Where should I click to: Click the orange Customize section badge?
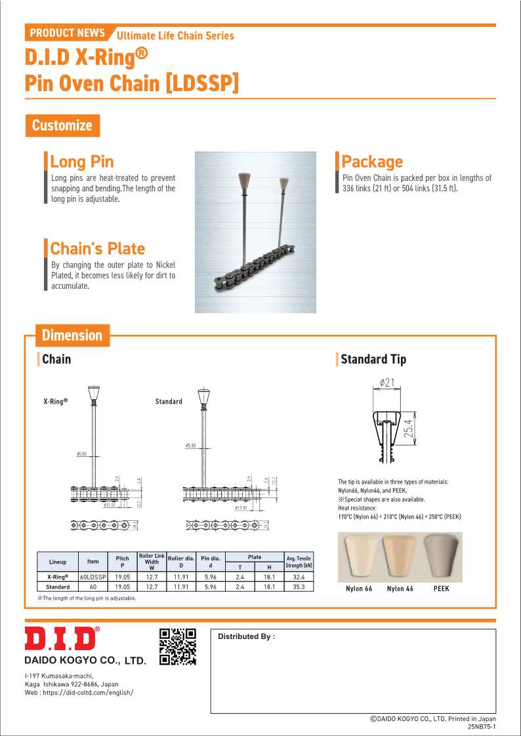tap(62, 125)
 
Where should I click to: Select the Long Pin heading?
tap(81, 161)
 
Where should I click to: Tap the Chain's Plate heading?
tap(97, 248)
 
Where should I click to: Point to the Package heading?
tap(372, 161)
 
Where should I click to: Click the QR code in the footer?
tap(178, 646)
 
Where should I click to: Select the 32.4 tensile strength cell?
tap(299, 577)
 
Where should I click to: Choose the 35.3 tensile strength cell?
tap(299, 587)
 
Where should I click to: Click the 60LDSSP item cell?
tap(93, 577)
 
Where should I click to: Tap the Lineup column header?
tap(58, 562)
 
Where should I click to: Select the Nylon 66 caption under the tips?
tap(359, 589)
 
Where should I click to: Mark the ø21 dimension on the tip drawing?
tap(387, 383)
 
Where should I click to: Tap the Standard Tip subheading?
tap(373, 359)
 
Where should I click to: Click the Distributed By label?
tap(246, 636)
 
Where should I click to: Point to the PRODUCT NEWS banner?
tap(68, 32)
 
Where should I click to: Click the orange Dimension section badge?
tap(72, 336)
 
